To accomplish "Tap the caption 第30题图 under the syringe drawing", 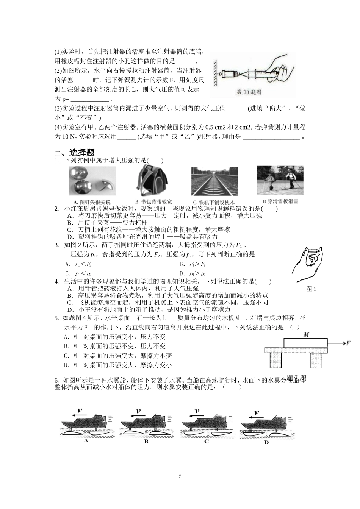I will [249, 92].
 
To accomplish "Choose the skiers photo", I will [280, 180].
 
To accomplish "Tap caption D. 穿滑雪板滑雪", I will [280, 201].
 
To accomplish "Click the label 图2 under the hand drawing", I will [311, 289].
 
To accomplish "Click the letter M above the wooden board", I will [306, 335].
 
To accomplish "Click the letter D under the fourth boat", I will [266, 443].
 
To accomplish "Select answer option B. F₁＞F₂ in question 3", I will [193, 264].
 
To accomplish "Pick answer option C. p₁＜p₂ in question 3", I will [78, 273].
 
